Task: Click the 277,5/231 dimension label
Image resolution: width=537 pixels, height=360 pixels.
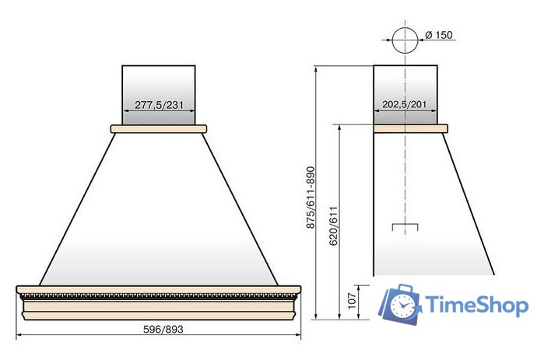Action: click(159, 105)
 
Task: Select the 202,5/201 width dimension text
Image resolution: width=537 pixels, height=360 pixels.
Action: click(405, 104)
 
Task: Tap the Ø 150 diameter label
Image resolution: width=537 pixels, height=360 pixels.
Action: click(439, 35)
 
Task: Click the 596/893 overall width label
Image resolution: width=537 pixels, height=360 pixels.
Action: click(163, 329)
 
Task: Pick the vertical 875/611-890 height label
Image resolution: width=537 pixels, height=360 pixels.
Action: click(311, 197)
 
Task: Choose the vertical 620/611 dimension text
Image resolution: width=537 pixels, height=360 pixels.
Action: click(333, 225)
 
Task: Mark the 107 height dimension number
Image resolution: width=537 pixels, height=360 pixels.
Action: click(352, 301)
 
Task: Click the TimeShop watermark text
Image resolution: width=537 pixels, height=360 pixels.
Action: click(477, 305)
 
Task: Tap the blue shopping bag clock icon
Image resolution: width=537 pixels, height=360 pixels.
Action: click(400, 304)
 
